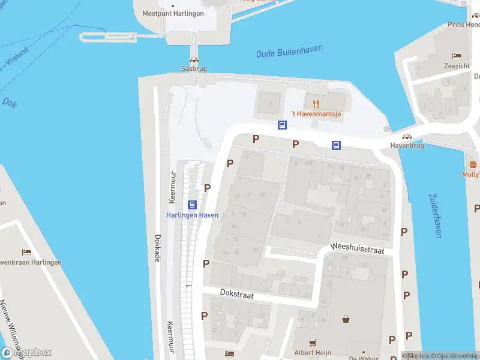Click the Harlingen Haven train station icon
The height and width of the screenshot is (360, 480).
192,205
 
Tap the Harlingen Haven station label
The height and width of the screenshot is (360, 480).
192,215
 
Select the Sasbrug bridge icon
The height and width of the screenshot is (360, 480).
194,60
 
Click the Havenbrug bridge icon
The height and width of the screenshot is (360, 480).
407,137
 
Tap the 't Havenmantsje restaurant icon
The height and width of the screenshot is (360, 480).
316,104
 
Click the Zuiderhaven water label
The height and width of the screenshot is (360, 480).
435,215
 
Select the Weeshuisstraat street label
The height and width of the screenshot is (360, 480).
356,248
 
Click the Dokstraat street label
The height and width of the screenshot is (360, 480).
237,295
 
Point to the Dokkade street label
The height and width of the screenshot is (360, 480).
158,247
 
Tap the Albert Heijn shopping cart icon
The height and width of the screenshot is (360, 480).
312,343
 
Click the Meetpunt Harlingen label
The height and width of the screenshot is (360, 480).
173,13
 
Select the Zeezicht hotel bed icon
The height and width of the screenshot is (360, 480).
457,56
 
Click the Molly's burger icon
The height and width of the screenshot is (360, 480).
473,164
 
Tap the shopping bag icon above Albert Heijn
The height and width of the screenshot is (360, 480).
346,319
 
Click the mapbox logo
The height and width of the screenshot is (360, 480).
26,352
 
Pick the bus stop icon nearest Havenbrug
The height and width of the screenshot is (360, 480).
337,145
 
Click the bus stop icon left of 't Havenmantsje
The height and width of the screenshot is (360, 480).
282,125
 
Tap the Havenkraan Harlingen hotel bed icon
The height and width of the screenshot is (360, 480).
26,253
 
